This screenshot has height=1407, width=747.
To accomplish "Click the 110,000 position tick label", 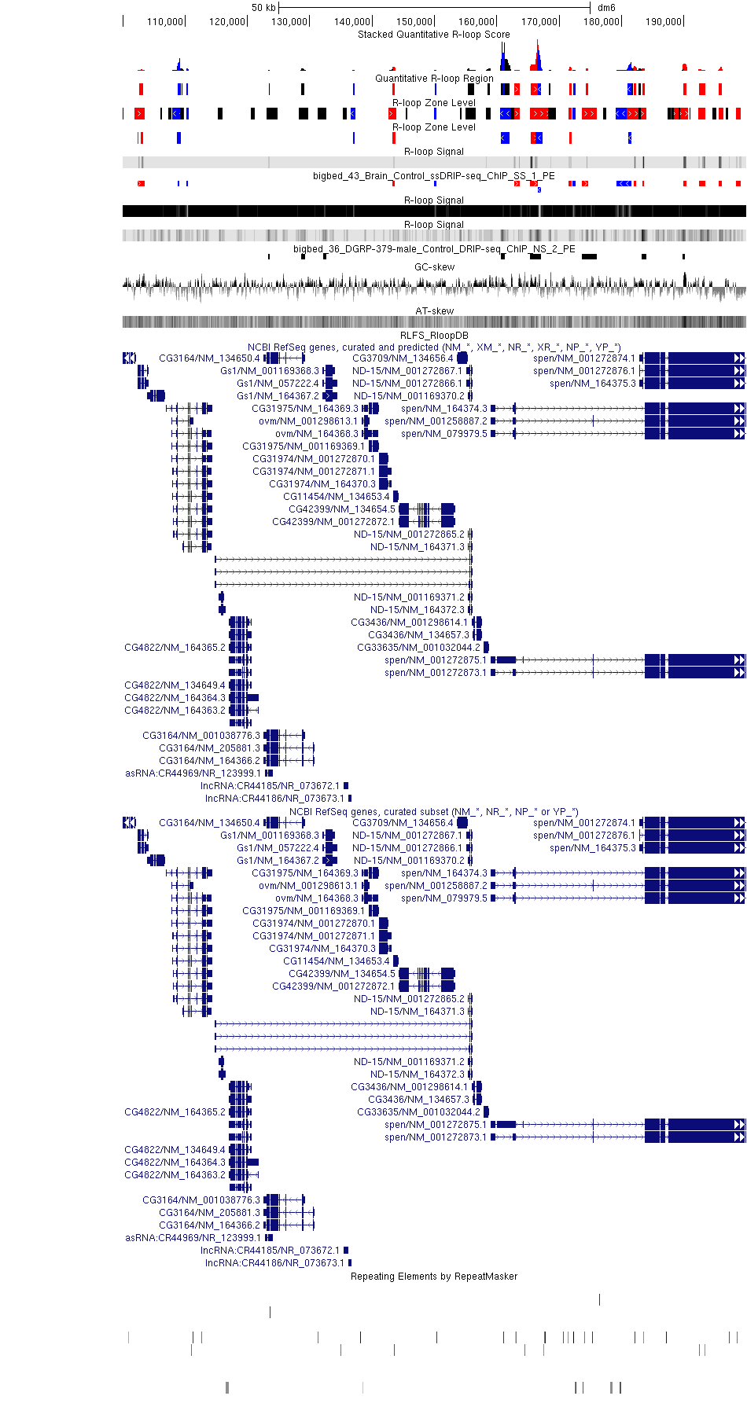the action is click(165, 22).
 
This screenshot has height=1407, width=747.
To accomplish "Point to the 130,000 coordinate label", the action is click(289, 22).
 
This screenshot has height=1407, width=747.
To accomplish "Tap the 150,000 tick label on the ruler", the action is click(414, 22).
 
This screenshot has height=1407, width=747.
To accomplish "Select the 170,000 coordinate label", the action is click(539, 22).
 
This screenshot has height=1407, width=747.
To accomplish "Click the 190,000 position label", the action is click(664, 22).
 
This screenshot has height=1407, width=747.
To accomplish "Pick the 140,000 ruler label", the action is click(352, 22).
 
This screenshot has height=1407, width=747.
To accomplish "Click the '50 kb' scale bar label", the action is click(263, 8).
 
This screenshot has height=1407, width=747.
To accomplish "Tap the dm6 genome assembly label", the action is click(606, 8).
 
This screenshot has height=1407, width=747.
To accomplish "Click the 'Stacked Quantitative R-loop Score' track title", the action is click(434, 35).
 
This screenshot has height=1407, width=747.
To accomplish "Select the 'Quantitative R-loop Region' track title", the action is click(434, 79).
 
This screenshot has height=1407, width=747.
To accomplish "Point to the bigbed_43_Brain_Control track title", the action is click(434, 176).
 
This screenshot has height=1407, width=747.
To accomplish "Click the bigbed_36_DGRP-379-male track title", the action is click(434, 249).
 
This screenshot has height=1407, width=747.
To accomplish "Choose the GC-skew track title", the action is click(434, 267).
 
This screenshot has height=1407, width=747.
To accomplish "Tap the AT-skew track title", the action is click(434, 311).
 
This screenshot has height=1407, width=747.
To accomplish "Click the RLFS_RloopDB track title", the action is click(434, 336).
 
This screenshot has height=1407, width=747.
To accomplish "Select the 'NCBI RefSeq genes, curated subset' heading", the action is click(434, 812).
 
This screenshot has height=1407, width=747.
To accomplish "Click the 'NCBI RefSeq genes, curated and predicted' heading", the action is click(434, 347).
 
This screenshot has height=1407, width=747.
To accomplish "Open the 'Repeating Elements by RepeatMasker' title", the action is click(434, 1277).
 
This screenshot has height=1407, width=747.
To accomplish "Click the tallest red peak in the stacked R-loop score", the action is click(538, 57).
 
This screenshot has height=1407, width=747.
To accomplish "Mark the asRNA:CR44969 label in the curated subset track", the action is click(193, 1238).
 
